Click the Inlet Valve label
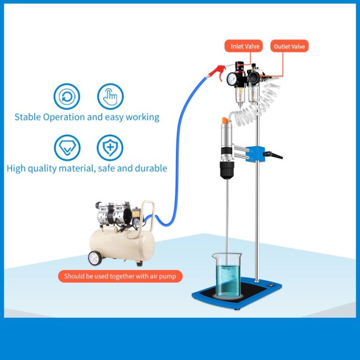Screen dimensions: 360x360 [245, 46]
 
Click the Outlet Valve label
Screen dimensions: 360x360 [289, 46]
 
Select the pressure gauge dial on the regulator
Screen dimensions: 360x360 [233, 78]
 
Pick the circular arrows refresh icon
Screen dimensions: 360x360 [67, 97]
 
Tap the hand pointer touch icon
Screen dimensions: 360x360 [110, 97]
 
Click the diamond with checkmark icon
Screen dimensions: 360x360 [67, 148]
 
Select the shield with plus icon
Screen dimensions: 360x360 [110, 148]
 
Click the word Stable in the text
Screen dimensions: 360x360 [28, 117]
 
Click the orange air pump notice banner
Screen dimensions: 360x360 [120, 276]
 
